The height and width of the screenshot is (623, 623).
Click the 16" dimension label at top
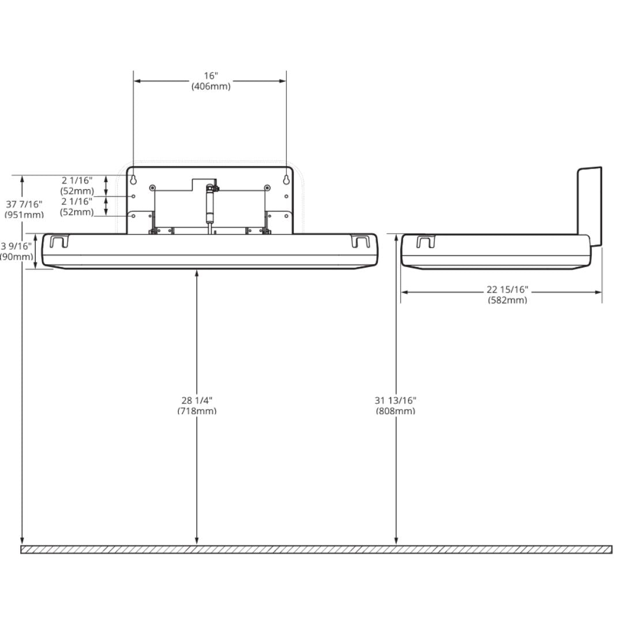[x=211, y=76]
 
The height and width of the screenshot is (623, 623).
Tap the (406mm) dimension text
[x=211, y=87]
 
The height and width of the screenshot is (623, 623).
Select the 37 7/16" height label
[x=24, y=204]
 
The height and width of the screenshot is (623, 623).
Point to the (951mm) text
[x=24, y=215]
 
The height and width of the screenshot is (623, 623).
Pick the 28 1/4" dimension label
[x=197, y=400]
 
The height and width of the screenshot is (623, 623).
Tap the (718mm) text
[x=197, y=411]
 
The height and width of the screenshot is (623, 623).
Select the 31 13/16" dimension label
[x=396, y=400]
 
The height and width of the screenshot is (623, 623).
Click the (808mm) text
[x=396, y=411]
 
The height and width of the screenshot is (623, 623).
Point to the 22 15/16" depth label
[x=507, y=290]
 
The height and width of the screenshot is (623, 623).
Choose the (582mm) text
[x=507, y=300]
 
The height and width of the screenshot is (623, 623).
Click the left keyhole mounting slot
[x=133, y=179]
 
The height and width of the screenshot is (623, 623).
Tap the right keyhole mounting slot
[x=286, y=179]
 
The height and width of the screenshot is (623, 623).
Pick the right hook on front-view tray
[x=360, y=241]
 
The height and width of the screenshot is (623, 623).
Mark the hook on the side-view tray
[x=425, y=241]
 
